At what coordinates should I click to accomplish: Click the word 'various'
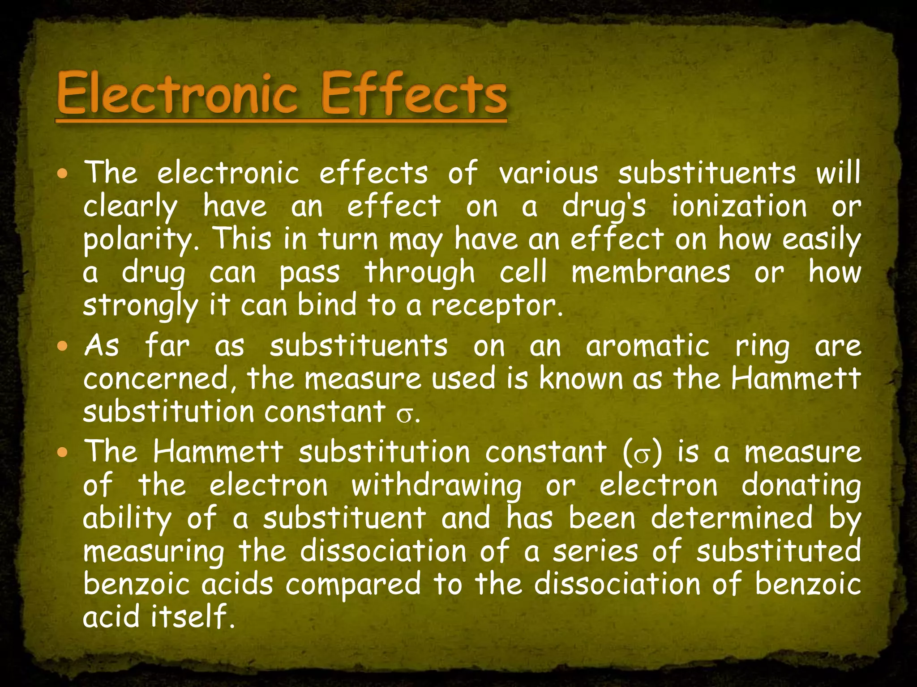pyautogui.click(x=548, y=173)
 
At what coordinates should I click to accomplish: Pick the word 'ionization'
pyautogui.click(x=739, y=206)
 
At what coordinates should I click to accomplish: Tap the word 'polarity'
pyautogui.click(x=137, y=240)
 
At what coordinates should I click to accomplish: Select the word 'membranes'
pyautogui.click(x=651, y=272)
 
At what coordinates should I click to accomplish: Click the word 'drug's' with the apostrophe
pyautogui.click(x=604, y=207)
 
